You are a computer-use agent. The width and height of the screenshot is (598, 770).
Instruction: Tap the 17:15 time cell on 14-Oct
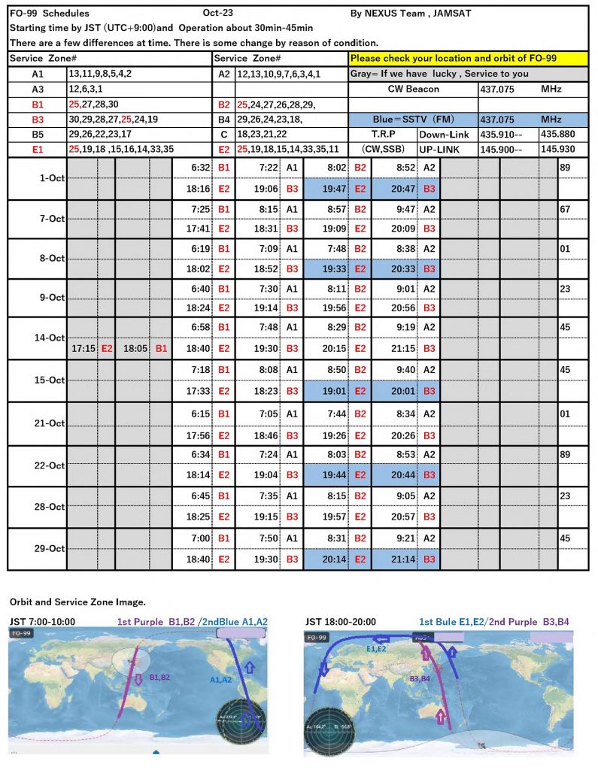(83, 349)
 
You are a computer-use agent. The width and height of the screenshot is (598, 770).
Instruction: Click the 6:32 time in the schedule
(199, 168)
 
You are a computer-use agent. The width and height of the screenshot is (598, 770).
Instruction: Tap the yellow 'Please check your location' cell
(466, 58)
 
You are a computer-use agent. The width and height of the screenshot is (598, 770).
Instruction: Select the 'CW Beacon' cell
(412, 89)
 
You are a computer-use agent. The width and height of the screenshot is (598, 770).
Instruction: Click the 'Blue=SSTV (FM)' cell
(412, 120)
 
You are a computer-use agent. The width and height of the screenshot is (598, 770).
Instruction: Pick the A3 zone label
(38, 89)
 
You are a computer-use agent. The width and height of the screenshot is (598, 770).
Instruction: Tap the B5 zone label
(38, 135)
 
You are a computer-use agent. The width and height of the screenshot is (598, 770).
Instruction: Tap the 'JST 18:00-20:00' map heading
(341, 622)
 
